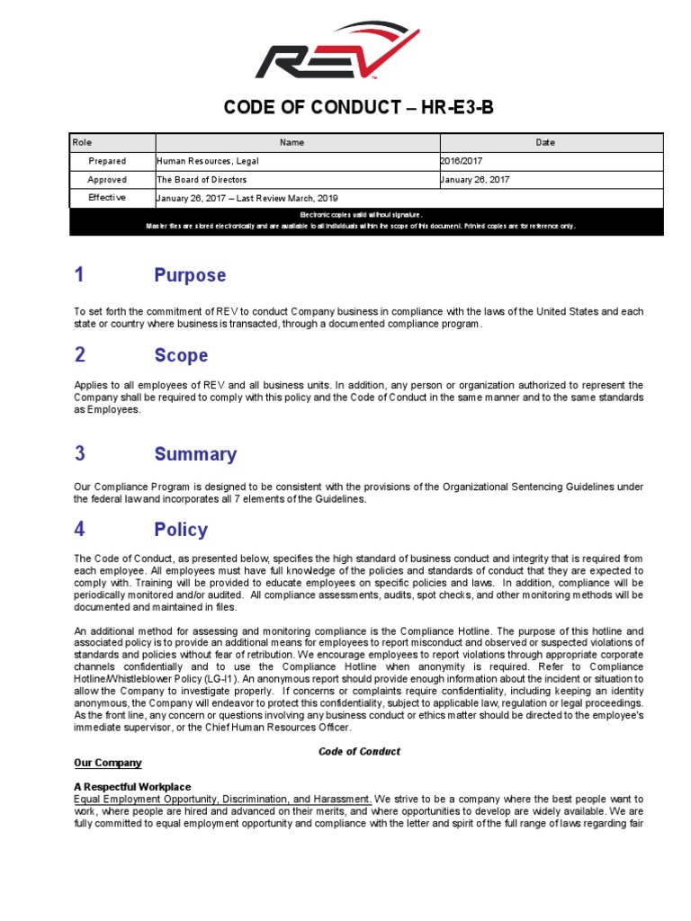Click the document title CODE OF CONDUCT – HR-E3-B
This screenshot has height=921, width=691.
[x=358, y=109]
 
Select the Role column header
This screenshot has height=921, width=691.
[x=83, y=142]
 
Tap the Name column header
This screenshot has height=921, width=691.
[x=292, y=142]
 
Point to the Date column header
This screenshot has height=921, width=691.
[x=545, y=142]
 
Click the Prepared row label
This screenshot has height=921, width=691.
[x=107, y=161]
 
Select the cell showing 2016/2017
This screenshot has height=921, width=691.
[x=462, y=161]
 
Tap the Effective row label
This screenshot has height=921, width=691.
[x=107, y=198]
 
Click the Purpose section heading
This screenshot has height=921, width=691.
[x=190, y=275]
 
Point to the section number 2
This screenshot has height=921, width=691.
[x=80, y=355]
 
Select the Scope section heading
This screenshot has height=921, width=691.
[x=181, y=355]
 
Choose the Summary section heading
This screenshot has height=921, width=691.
[x=195, y=454]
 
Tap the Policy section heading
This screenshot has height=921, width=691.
[x=181, y=530]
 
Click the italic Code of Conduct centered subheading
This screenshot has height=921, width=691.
[x=359, y=751]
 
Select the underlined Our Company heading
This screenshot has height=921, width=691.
[x=107, y=763]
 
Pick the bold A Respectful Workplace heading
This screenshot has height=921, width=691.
[x=132, y=787]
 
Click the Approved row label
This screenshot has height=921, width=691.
[x=107, y=180]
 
